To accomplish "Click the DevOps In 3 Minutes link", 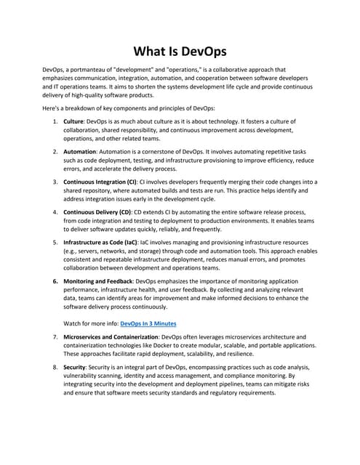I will point(148,323).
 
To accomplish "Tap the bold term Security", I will point(76,368).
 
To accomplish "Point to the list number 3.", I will point(55,182).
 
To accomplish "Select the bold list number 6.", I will point(55,280).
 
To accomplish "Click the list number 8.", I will point(55,368).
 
